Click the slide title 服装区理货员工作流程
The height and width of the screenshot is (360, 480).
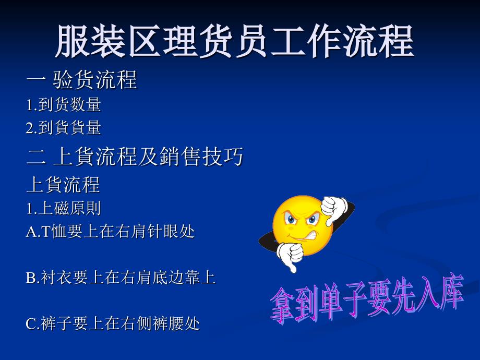pyautogui.click(x=234, y=41)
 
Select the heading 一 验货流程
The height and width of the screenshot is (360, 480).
pyautogui.click(x=82, y=80)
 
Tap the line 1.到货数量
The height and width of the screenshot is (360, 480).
pyautogui.click(x=63, y=105)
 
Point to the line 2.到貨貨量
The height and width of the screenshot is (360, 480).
pyautogui.click(x=63, y=128)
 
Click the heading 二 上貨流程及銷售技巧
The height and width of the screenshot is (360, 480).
pyautogui.click(x=135, y=156)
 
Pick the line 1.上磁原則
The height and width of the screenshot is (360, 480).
pyautogui.click(x=63, y=209)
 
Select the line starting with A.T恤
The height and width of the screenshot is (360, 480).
pyautogui.click(x=110, y=232)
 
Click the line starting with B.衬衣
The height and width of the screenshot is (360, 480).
pyautogui.click(x=121, y=278)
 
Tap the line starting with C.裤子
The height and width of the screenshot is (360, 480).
pyautogui.click(x=113, y=323)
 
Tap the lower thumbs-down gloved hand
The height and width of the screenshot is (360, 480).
pyautogui.click(x=290, y=256)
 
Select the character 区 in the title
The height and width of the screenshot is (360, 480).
pyautogui.click(x=145, y=41)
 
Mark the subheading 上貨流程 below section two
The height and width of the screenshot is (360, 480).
pyautogui.click(x=63, y=185)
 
